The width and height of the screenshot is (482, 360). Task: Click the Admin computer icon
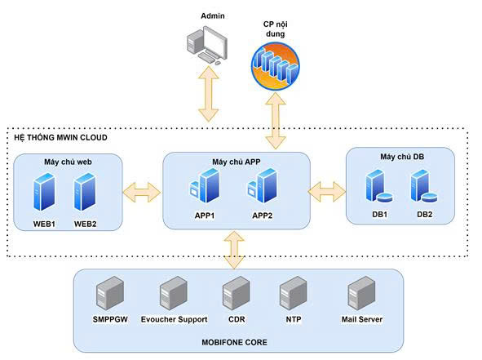(x=207, y=46)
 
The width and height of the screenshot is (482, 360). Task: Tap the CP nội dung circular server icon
(x=276, y=66)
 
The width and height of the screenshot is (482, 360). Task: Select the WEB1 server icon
(x=44, y=192)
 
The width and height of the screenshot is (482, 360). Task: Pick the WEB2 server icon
(x=85, y=192)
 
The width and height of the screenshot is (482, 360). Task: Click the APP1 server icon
(x=205, y=185)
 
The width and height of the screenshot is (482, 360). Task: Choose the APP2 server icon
(x=263, y=185)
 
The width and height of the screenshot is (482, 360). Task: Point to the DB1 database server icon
(x=379, y=186)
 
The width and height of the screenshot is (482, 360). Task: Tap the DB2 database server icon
(x=424, y=186)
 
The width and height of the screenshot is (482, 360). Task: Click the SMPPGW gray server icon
(x=110, y=293)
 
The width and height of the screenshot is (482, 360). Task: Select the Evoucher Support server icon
(x=174, y=293)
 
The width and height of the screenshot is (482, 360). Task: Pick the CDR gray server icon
(x=236, y=293)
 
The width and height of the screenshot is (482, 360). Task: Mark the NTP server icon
(x=294, y=293)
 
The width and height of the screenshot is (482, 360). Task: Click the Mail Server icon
(x=361, y=293)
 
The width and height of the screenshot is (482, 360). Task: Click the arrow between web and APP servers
(x=142, y=193)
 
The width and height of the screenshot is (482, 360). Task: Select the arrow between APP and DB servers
(x=327, y=192)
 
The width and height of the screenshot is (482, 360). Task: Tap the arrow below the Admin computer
(x=209, y=94)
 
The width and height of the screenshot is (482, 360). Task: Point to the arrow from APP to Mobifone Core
(x=234, y=250)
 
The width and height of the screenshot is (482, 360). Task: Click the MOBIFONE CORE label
(x=235, y=342)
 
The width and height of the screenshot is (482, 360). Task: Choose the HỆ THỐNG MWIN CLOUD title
(x=61, y=137)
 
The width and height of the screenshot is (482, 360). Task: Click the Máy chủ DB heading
(x=402, y=157)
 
